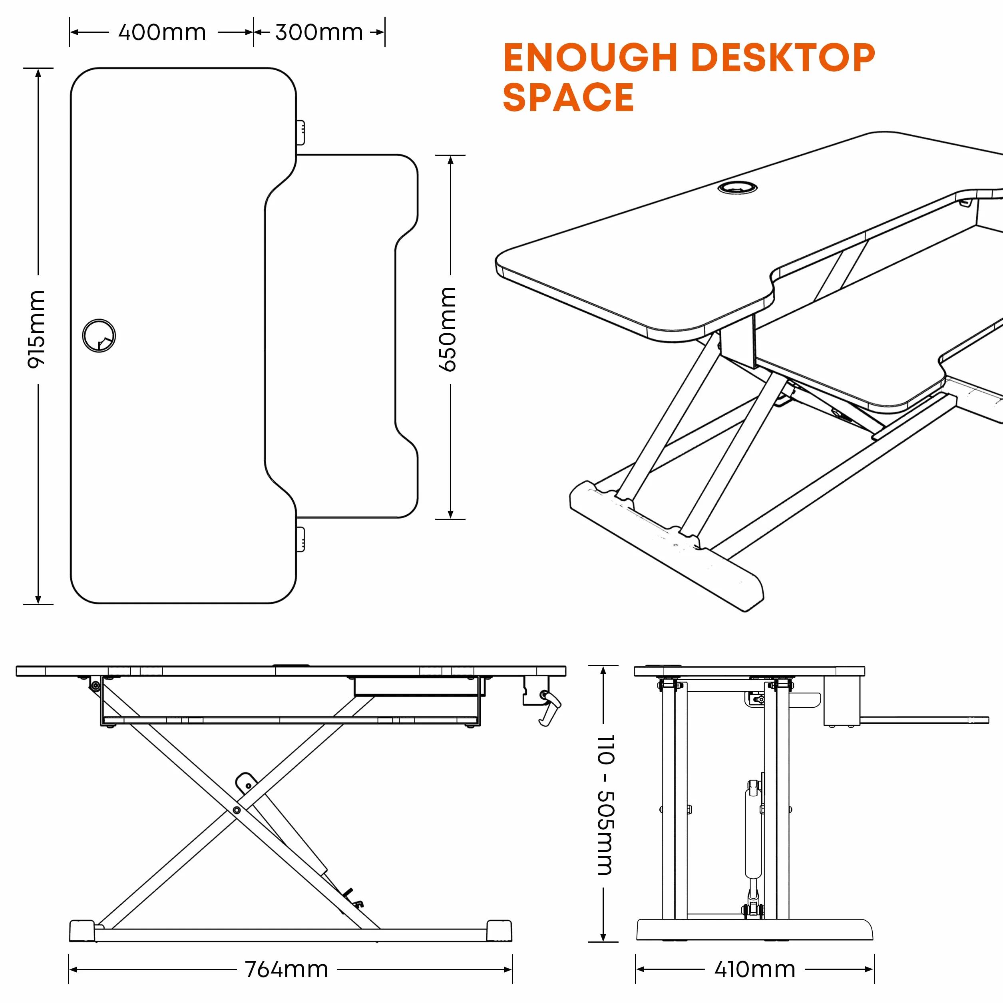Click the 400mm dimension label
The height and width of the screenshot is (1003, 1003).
coord(162,32)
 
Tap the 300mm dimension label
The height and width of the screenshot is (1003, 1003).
coord(319,32)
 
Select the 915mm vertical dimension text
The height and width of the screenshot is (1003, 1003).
coord(36,330)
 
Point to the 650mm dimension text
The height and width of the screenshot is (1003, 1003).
coord(448,329)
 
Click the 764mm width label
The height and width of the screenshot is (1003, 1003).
coord(287,969)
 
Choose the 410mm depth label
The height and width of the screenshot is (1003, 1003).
coord(755,969)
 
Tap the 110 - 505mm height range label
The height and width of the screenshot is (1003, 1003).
coord(606,805)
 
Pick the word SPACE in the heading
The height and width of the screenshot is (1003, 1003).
coord(569,97)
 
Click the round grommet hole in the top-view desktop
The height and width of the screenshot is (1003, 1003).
coord(99,335)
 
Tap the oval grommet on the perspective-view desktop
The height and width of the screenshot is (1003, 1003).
coord(737,187)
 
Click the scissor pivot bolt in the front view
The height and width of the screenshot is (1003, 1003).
coord(237,810)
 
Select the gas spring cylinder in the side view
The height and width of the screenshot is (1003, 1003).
coord(753,836)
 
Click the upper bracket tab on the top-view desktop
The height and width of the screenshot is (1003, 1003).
coord(301,133)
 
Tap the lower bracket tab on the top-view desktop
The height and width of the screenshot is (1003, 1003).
coord(301,539)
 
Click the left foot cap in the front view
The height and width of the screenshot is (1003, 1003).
coord(83,931)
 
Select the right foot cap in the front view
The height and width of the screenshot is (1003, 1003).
coord(499,931)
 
